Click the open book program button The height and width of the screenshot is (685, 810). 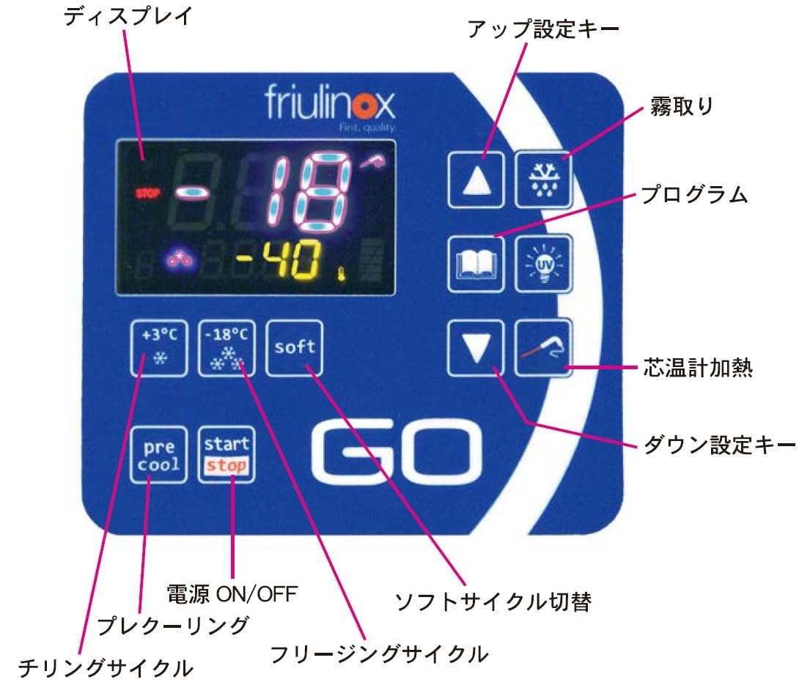(476, 263)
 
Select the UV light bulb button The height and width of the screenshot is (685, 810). (543, 263)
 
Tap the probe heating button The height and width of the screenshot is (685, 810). (543, 347)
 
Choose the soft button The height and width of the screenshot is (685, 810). (294, 347)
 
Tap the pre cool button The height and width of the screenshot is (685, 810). (159, 454)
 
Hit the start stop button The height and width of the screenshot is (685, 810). (227, 454)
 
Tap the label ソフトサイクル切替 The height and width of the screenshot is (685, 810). (492, 602)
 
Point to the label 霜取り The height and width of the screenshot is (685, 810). (681, 107)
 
